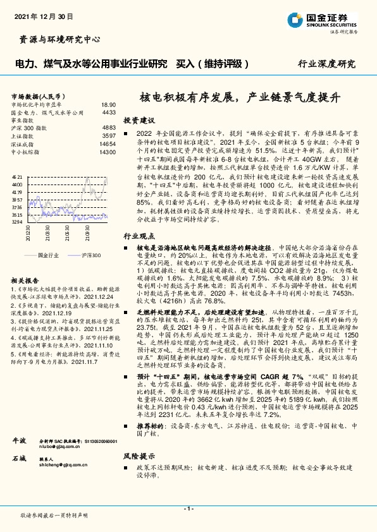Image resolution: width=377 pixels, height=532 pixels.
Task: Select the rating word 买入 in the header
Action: [x=184, y=64]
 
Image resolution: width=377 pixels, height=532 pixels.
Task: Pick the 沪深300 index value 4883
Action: [x=109, y=128]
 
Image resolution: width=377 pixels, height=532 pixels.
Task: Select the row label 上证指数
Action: [x=23, y=136]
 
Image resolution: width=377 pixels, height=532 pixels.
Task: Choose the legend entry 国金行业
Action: [x=48, y=254]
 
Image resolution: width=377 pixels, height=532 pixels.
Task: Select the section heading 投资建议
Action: [x=139, y=120]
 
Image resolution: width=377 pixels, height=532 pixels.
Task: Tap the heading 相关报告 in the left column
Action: [x=26, y=281]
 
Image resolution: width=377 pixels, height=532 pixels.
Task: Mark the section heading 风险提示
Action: [x=139, y=456]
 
